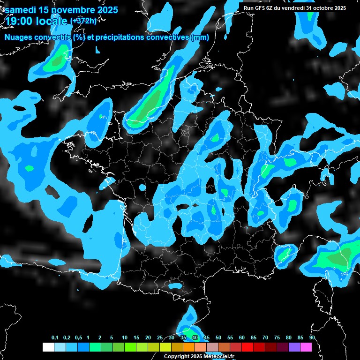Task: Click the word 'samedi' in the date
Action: point(21,10)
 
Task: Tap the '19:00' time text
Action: point(19,21)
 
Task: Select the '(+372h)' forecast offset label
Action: point(83,21)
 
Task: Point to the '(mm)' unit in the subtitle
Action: point(200,37)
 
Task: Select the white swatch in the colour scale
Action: point(48,347)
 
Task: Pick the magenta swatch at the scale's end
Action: point(306,347)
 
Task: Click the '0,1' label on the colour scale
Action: point(55,338)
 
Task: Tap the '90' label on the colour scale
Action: point(312,338)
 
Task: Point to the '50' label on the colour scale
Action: point(218,338)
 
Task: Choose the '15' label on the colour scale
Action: point(136,338)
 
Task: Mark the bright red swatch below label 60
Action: point(247,347)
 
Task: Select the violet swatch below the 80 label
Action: point(294,347)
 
